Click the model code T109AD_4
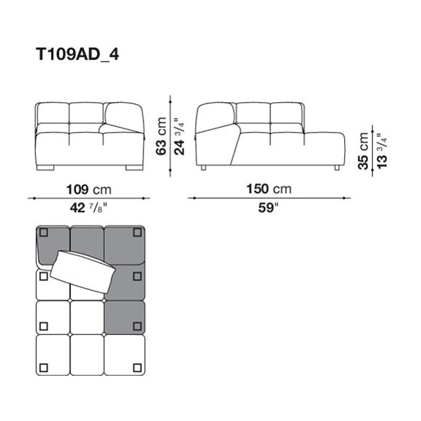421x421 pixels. [77, 54]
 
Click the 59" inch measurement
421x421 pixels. [268, 208]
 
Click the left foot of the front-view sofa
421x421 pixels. [46, 168]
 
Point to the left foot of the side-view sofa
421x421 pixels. [204, 168]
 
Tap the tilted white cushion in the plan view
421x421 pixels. [83, 271]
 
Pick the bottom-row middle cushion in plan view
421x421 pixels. [87, 355]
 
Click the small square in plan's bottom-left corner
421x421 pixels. [43, 367]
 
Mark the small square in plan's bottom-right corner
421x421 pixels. [137, 367]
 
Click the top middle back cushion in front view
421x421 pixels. [86, 113]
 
